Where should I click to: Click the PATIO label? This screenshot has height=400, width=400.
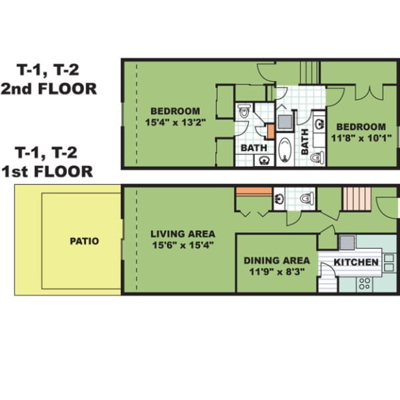coord(84,241)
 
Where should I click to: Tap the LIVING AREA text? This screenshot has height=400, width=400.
coord(183,234)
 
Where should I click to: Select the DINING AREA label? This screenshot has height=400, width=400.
coord(277,260)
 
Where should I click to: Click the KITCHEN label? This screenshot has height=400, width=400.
coord(356,262)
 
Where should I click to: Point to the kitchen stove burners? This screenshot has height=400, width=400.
coord(365,283)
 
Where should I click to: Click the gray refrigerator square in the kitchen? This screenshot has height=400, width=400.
coord(347,242)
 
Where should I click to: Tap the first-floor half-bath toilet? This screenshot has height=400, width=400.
coord(306,199)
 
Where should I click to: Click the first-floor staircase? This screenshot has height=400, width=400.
coord(356,199)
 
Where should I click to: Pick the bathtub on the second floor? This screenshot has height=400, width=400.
coord(285,149)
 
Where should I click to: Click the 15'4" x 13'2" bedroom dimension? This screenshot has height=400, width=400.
coord(175,122)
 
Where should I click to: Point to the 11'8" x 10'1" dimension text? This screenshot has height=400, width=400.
coord(361,138)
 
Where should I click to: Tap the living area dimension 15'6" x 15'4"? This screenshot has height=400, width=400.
coord(183,245)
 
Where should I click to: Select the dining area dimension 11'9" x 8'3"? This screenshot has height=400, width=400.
coord(277,272)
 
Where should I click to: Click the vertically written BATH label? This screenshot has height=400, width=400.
coord(305,142)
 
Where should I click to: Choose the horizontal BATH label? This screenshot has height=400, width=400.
coord(254,148)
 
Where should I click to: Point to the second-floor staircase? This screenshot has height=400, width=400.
coord(310,72)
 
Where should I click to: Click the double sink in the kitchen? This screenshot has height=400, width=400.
coord(389,262)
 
